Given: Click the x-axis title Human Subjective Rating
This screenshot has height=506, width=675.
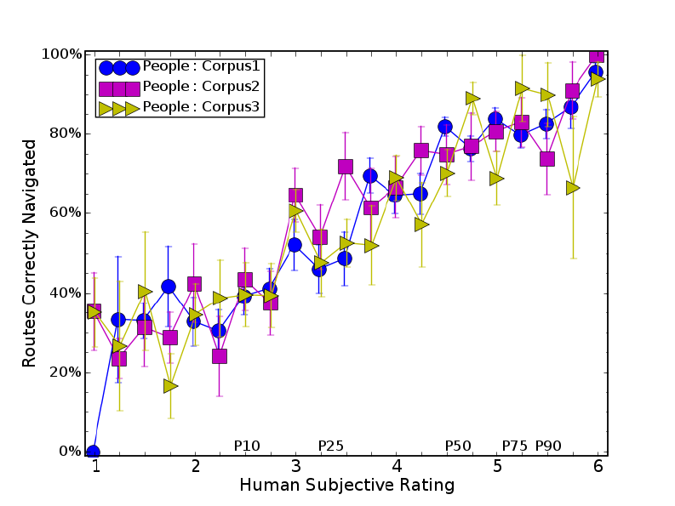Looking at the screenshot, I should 346,486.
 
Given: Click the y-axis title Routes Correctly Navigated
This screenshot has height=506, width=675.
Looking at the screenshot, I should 30,253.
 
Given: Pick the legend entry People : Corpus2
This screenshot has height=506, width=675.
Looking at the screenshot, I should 201,87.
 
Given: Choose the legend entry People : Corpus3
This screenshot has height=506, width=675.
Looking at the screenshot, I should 201,107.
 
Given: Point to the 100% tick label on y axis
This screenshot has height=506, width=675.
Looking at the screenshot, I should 62,54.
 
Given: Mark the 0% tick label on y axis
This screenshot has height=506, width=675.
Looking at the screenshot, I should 69,452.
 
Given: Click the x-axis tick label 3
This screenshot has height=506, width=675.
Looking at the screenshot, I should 295,466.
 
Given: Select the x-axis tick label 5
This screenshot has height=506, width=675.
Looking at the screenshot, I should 497,466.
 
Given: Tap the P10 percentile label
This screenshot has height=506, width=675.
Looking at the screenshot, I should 247,446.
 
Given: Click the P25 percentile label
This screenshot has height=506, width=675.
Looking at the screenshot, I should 330,446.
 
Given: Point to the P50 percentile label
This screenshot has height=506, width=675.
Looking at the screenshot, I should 458,446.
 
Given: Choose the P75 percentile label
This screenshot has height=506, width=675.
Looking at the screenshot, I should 515,446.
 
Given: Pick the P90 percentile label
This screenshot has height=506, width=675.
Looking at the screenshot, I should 548,446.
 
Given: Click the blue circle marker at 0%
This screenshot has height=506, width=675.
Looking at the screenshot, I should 93,452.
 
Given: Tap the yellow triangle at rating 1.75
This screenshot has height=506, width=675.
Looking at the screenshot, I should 170,386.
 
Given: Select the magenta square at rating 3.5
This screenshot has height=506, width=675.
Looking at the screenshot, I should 346,167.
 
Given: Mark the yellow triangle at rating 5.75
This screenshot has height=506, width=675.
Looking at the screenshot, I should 573,188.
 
